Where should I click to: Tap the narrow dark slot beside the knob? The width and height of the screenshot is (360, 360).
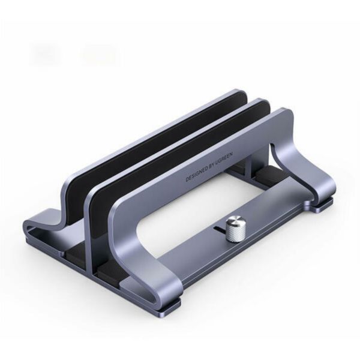point(219,229)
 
